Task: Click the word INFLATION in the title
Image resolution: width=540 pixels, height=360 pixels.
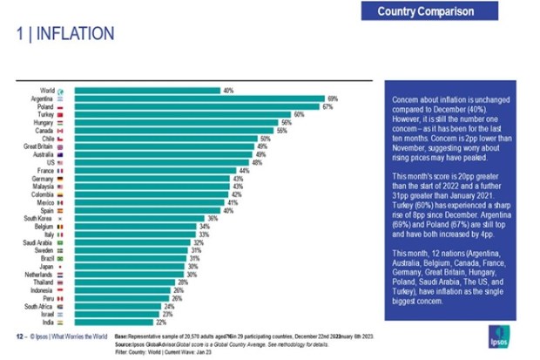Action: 74,35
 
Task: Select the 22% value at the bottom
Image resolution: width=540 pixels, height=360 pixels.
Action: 159,323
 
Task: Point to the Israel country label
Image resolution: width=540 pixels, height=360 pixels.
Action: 49,315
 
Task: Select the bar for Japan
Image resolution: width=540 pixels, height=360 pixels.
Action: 130,267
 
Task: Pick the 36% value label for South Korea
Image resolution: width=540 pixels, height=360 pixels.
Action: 212,218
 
